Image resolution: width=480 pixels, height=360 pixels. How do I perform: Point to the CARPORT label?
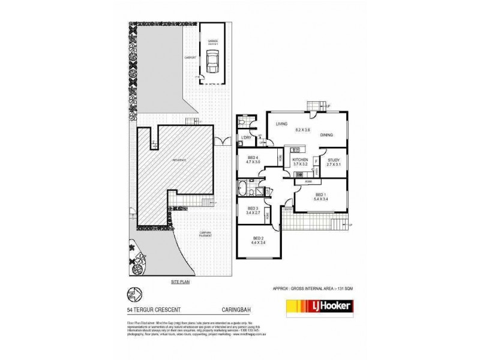pos(191,58)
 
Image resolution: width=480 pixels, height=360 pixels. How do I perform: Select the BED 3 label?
pos(253,208)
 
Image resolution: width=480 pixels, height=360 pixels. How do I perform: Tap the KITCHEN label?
pos(299,160)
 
